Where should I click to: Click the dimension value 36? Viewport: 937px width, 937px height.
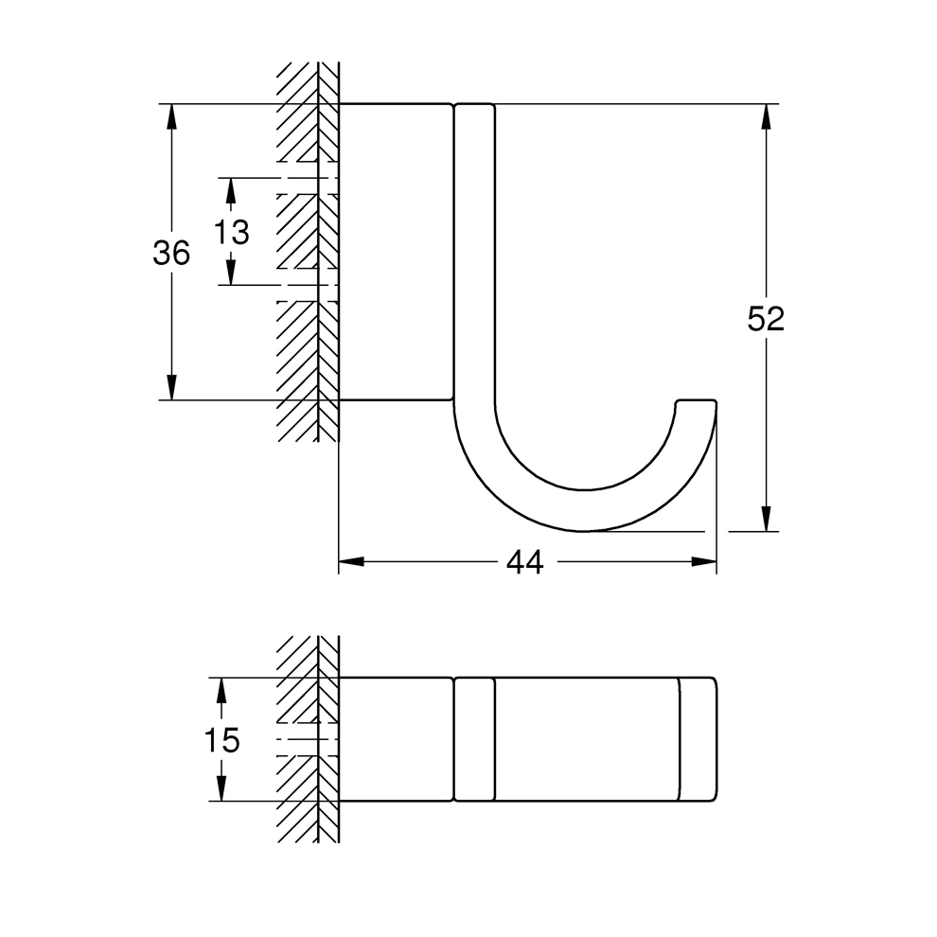[171, 253]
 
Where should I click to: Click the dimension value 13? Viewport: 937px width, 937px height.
[231, 231]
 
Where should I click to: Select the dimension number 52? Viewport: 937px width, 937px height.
[766, 319]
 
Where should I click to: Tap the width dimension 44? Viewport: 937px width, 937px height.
[524, 562]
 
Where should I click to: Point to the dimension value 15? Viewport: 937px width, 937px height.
[221, 740]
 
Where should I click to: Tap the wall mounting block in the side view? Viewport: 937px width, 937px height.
[395, 251]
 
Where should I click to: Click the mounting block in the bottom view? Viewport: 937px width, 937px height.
[395, 740]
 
